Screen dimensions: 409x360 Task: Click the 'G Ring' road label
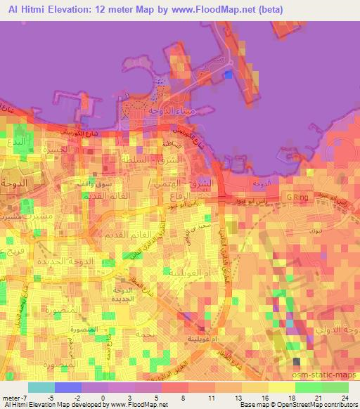pos(295,197)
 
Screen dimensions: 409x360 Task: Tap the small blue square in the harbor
pos(227,75)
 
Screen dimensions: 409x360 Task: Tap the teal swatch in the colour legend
pos(41,387)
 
